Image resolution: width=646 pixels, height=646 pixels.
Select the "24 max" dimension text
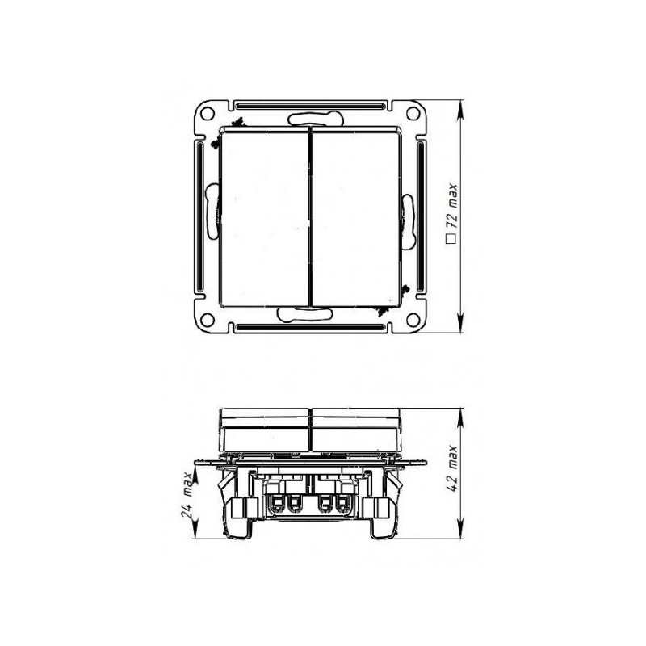click(188, 497)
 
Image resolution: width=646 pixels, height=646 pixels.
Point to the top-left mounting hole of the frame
click(208, 112)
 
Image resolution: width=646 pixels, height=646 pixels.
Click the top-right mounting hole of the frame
click(413, 112)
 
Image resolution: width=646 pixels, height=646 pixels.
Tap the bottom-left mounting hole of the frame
click(208, 318)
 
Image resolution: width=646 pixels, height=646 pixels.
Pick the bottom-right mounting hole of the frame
click(413, 318)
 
